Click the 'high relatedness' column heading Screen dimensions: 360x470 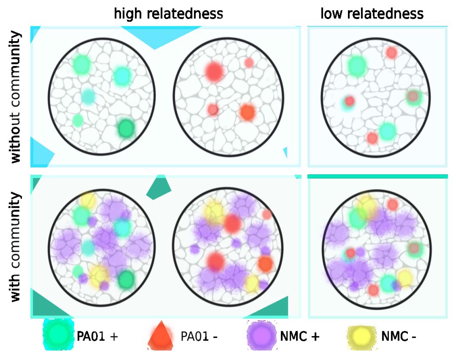(168, 14)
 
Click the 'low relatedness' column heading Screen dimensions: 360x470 (372, 14)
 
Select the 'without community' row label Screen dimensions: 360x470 (15, 96)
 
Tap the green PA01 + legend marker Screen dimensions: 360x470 (58, 335)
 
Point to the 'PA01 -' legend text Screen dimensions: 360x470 (199, 336)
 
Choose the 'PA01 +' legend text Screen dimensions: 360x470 (97, 336)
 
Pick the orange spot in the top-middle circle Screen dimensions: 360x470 (247, 112)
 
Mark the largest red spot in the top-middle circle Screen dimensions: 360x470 (214, 71)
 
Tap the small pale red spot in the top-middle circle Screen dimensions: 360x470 (249, 63)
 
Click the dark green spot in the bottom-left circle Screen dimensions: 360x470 (126, 279)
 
